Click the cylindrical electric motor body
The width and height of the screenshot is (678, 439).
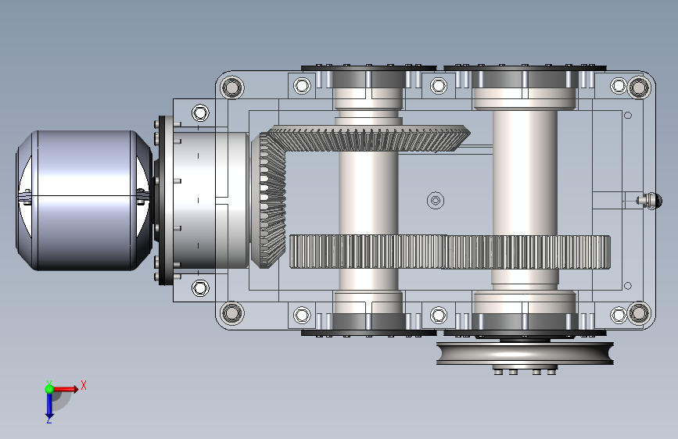pos(84,201)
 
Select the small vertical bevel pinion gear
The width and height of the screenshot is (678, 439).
pos(271,200)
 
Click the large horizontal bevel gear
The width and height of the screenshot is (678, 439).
pos(368,138)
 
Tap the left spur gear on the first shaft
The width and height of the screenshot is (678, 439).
pos(368,252)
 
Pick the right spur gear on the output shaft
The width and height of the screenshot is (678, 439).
pos(528,252)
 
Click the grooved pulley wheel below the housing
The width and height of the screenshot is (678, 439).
pos(525,353)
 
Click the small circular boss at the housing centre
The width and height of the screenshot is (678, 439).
pos(436,201)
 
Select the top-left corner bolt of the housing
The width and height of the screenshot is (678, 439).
pos(232,87)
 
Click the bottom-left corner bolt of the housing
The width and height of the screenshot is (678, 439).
pos(232,312)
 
